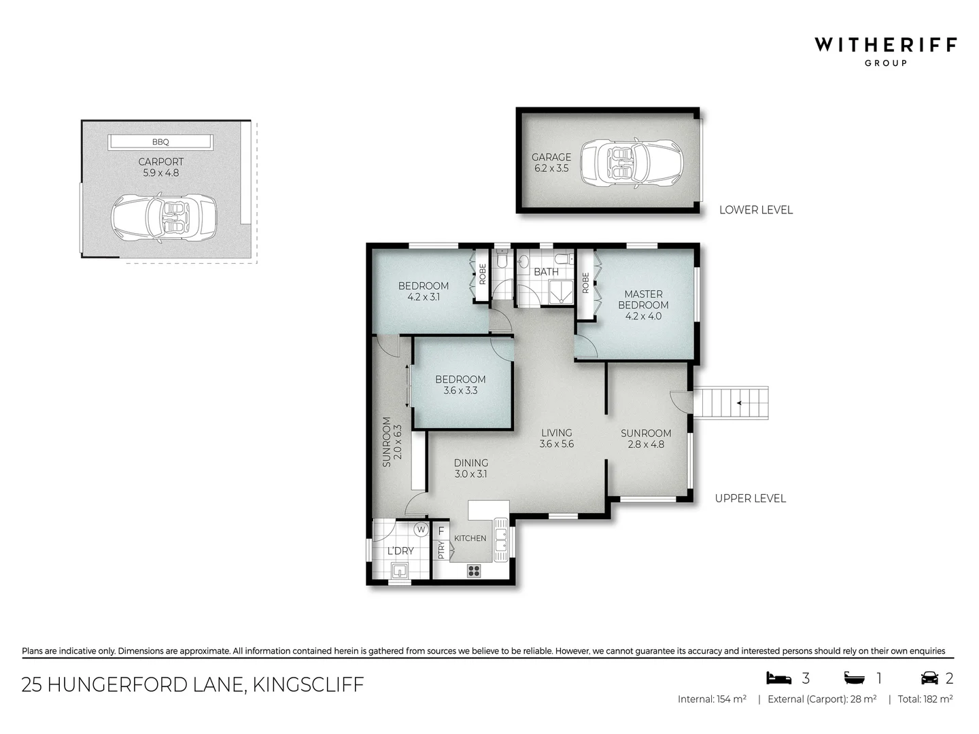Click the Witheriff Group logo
click(885, 51)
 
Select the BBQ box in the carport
click(160, 142)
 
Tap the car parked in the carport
click(163, 218)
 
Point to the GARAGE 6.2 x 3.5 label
click(551, 162)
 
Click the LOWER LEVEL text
click(755, 210)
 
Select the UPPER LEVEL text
click(750, 498)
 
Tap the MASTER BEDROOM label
click(643, 304)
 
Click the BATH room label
click(546, 272)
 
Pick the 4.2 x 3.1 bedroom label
click(423, 292)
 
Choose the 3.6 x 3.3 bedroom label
click(460, 385)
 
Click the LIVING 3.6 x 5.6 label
click(556, 438)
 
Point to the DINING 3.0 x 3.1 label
click(470, 468)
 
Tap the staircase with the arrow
click(731, 403)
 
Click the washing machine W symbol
click(421, 529)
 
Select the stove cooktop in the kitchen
click(474, 571)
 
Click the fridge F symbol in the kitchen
click(441, 531)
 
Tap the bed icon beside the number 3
click(779, 678)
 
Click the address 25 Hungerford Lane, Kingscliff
click(192, 684)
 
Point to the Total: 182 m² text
click(925, 699)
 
